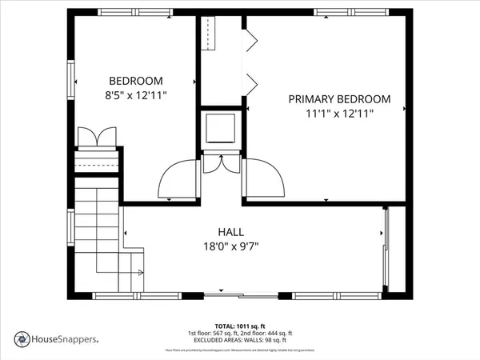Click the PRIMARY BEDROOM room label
339,99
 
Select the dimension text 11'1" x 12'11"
339,114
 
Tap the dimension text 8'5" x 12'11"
136,95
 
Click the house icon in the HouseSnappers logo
22,338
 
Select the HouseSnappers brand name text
65,338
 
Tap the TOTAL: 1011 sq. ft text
240,326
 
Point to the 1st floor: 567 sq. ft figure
215,333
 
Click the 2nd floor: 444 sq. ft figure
270,333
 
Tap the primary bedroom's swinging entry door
265,178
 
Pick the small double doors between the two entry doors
221,162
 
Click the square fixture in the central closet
221,127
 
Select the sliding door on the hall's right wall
387,249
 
